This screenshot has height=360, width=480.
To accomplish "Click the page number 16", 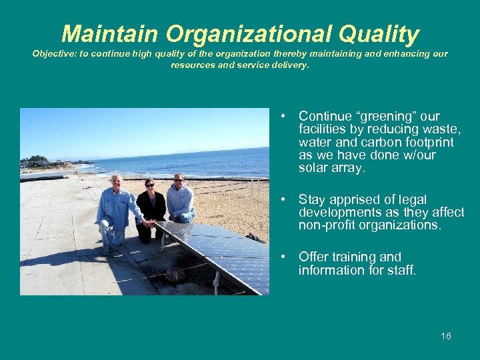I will coord(445,336).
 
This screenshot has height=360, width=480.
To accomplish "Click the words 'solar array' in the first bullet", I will coord(331,168).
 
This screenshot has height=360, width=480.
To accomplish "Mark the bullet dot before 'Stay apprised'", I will coord(283,199).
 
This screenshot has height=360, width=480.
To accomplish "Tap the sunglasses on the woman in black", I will coord(149,185).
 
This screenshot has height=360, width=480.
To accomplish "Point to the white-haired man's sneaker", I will coord(106,250).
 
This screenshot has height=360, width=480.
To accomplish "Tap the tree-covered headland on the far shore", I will coord(37,161).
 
